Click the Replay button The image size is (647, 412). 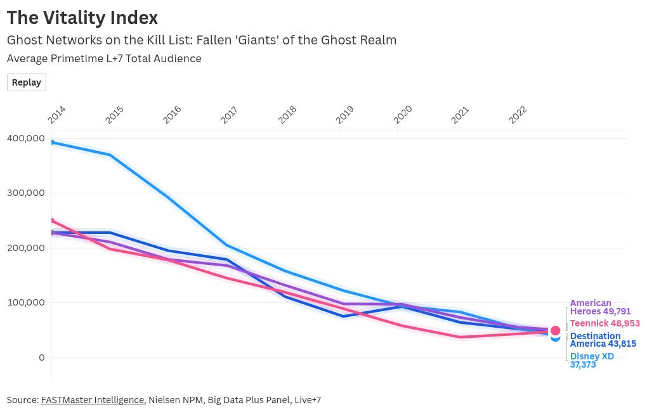click(27, 82)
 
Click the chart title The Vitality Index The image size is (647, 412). click(82, 18)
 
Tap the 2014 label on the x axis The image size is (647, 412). click(56, 115)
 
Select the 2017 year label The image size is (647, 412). click(229, 115)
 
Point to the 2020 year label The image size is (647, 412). click(402, 115)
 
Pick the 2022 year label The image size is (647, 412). click(518, 115)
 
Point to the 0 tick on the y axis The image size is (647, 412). click(42, 357)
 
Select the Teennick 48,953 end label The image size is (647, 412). click(605, 323)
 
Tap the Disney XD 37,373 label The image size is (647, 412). click(591, 360)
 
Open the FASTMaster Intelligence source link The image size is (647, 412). click(93, 400)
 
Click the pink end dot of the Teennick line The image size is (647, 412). click(556, 331)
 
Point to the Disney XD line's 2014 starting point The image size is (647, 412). click(52, 142)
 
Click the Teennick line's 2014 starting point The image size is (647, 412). click(52, 221)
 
